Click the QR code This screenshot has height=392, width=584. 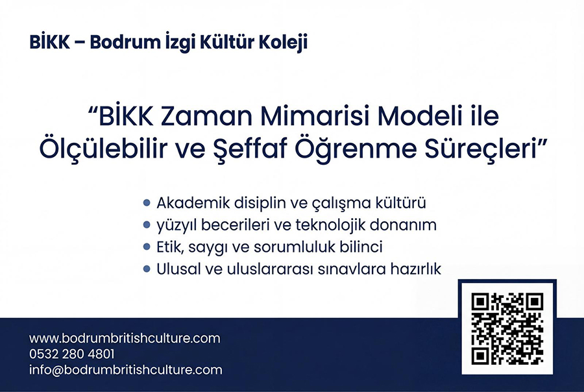point(507,328)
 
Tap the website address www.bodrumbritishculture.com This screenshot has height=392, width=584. point(125,338)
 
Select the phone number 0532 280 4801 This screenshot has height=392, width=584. point(72,354)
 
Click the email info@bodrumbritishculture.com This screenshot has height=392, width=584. point(126,370)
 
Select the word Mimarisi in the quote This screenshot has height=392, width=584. point(315,116)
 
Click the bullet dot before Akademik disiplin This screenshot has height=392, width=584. point(147,202)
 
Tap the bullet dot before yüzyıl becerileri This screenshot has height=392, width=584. point(147,225)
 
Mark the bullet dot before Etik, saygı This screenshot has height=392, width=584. point(147,247)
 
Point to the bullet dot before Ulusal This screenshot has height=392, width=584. point(147,269)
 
